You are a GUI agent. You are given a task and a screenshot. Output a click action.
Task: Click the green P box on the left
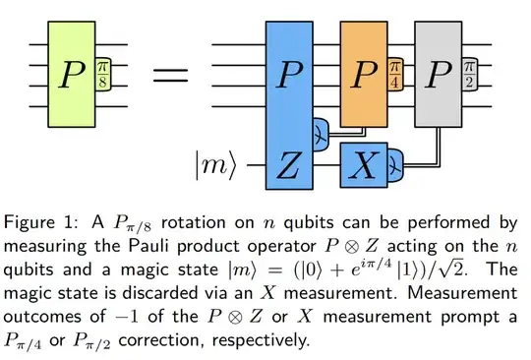65,74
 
